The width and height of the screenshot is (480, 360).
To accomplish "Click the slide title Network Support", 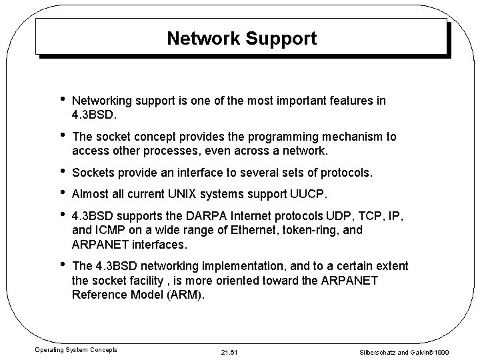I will [x=241, y=39].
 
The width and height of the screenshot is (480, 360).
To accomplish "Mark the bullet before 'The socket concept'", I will [x=61, y=137].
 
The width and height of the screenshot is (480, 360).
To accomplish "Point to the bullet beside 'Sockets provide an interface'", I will [x=61, y=173].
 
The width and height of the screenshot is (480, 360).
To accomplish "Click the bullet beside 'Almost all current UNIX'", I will [x=61, y=194].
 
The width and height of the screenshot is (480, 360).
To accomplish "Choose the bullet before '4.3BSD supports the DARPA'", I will [x=61, y=217].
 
